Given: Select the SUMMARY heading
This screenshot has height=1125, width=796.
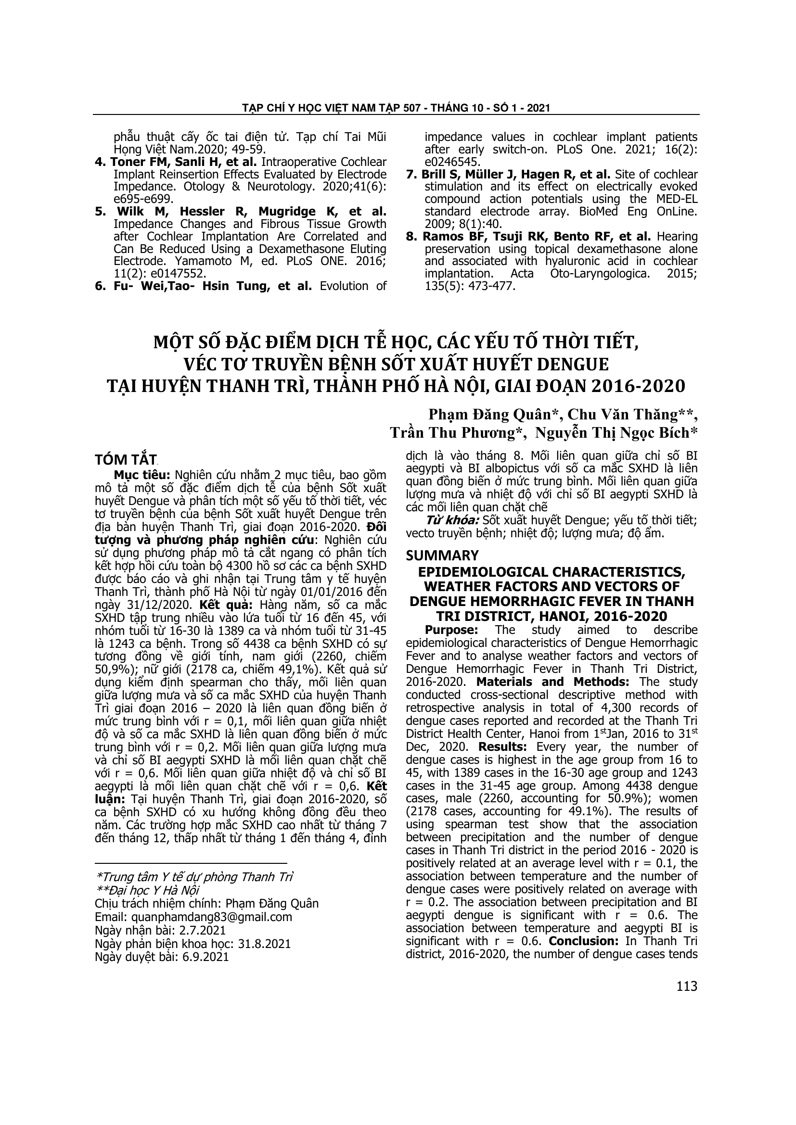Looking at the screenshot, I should pos(442,555).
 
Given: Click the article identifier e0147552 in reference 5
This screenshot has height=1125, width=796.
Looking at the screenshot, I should pos(173,273).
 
